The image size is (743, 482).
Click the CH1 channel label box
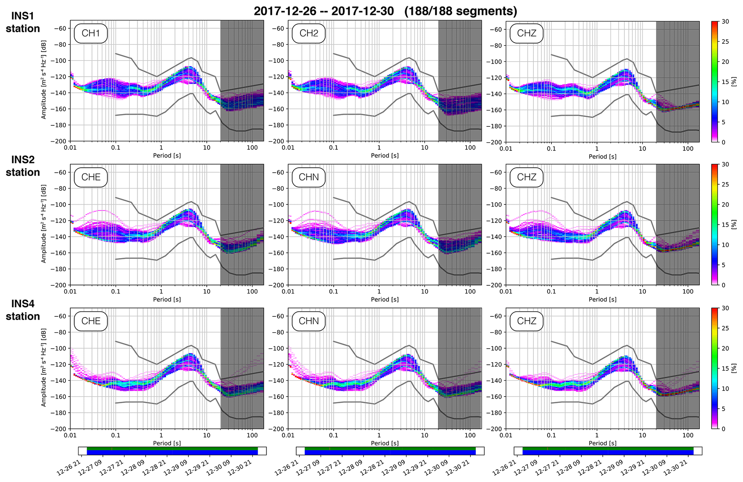[x=91, y=33]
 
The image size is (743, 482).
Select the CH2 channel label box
[x=308, y=33]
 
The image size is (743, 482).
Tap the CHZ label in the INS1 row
[x=526, y=33]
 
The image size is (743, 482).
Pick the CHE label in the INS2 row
[x=91, y=177]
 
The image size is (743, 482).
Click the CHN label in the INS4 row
[x=308, y=321]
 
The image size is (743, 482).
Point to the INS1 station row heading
[x=23, y=22]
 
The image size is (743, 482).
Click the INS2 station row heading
[x=23, y=166]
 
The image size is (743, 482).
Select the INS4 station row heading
[x=23, y=310]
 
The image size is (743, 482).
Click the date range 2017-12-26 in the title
[x=285, y=11]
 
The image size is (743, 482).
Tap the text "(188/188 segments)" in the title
[x=460, y=11]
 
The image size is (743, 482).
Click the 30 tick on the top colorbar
[x=725, y=22]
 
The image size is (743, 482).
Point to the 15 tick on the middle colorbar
[x=725, y=225]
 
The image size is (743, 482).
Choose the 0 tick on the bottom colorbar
[x=724, y=429]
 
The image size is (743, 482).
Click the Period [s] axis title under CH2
[x=385, y=156]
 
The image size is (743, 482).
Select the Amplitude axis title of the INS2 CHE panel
[x=43, y=224]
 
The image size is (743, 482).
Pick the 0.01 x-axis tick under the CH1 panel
[x=70, y=148]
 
